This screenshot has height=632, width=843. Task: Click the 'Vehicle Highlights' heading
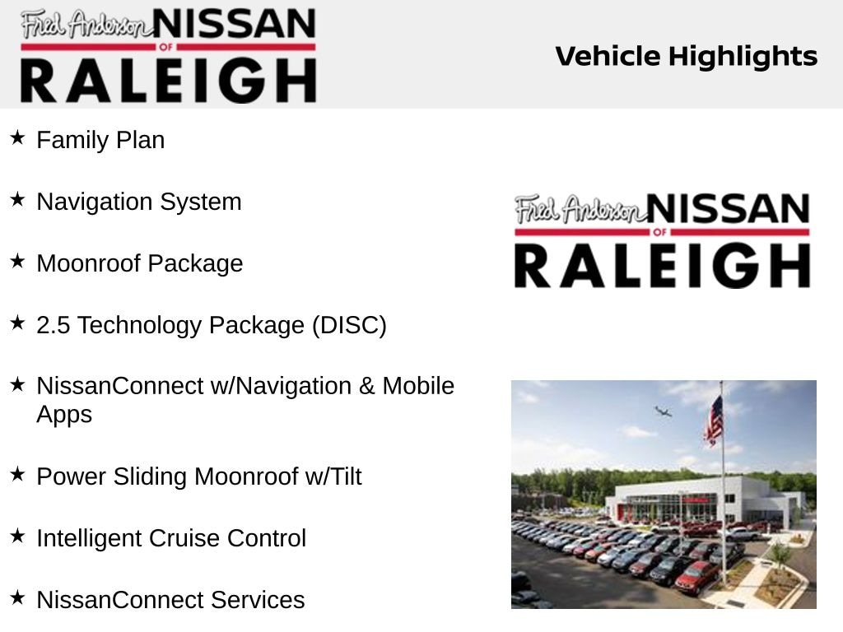coord(686,57)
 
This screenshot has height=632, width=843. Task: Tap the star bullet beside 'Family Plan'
coord(17,137)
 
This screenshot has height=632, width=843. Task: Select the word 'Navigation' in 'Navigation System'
coord(95,202)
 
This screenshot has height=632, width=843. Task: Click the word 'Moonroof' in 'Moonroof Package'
coord(88,263)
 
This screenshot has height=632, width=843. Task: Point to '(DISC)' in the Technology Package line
coord(349,325)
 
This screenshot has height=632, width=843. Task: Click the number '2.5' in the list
coord(54,325)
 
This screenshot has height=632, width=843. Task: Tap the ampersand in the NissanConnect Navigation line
coord(366,387)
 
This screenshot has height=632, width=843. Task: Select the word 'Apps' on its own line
coord(64,416)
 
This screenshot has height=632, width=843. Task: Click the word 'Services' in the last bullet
coord(258,600)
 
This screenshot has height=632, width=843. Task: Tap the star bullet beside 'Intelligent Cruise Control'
coord(17,536)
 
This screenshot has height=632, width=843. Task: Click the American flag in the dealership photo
coord(714,420)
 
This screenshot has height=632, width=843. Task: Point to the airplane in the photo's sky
coord(663,411)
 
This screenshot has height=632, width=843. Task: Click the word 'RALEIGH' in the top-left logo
coord(168,81)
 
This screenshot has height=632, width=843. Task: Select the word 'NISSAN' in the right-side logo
coord(728,208)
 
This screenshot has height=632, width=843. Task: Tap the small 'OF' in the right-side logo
coord(659,232)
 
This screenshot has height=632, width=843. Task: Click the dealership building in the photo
coord(705,500)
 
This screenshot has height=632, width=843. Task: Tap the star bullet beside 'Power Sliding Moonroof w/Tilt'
coord(17,474)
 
